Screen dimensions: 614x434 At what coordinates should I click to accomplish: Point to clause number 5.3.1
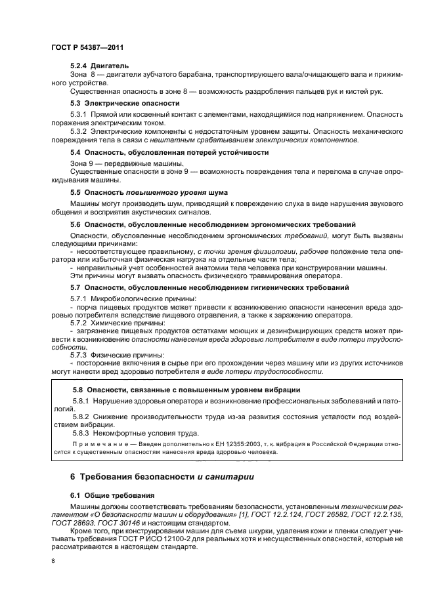point(80,115)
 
